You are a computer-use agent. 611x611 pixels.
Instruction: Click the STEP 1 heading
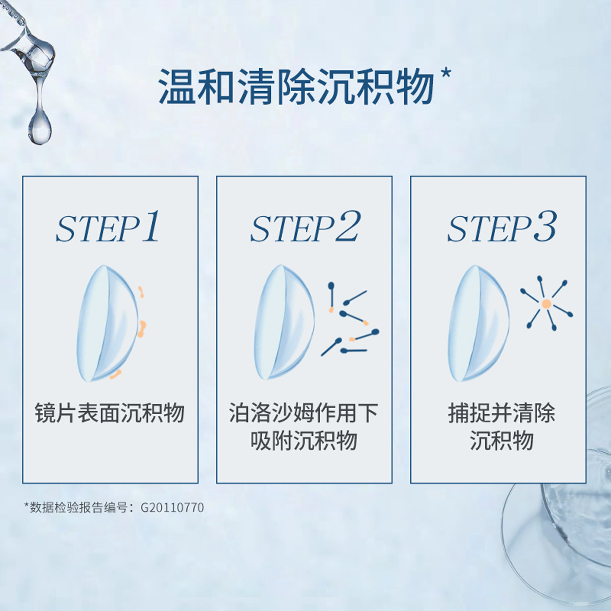[108, 227]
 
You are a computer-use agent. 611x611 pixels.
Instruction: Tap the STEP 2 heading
[305, 227]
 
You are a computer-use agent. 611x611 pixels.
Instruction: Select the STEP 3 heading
[502, 227]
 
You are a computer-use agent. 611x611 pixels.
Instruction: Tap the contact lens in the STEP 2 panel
[283, 322]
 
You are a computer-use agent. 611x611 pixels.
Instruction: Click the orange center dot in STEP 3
[547, 304]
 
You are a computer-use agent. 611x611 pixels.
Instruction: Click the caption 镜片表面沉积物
[109, 413]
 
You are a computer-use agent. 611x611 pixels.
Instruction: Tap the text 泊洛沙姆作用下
[303, 413]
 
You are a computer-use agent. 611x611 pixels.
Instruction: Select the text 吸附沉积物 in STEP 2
[303, 440]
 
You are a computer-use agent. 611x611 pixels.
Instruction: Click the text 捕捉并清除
[502, 413]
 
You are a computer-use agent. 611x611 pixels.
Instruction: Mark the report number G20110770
[172, 507]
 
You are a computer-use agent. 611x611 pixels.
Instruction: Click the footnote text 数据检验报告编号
[78, 507]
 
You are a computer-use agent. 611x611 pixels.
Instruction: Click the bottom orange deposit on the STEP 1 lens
[115, 374]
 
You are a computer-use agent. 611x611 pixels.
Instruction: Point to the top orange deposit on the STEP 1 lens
[141, 292]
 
